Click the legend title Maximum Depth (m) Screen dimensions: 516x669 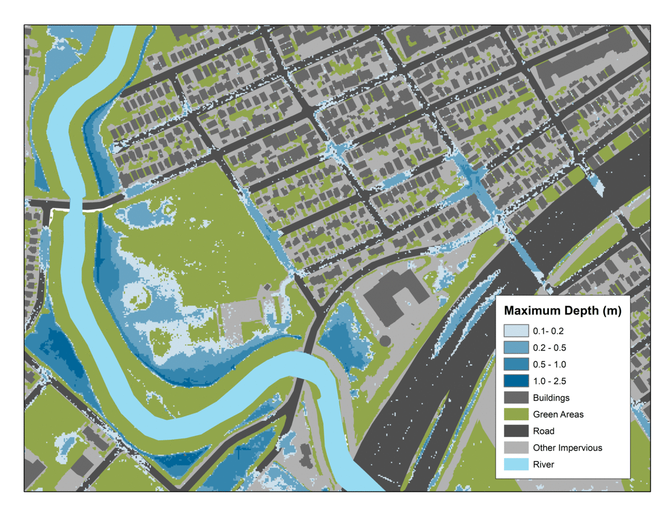click(563, 310)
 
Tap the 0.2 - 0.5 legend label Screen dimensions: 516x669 click(551, 347)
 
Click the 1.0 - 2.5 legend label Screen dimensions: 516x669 click(551, 381)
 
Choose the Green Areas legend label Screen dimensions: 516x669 click(558, 414)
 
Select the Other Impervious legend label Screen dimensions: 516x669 click(567, 448)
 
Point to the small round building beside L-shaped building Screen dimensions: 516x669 click(385, 340)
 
